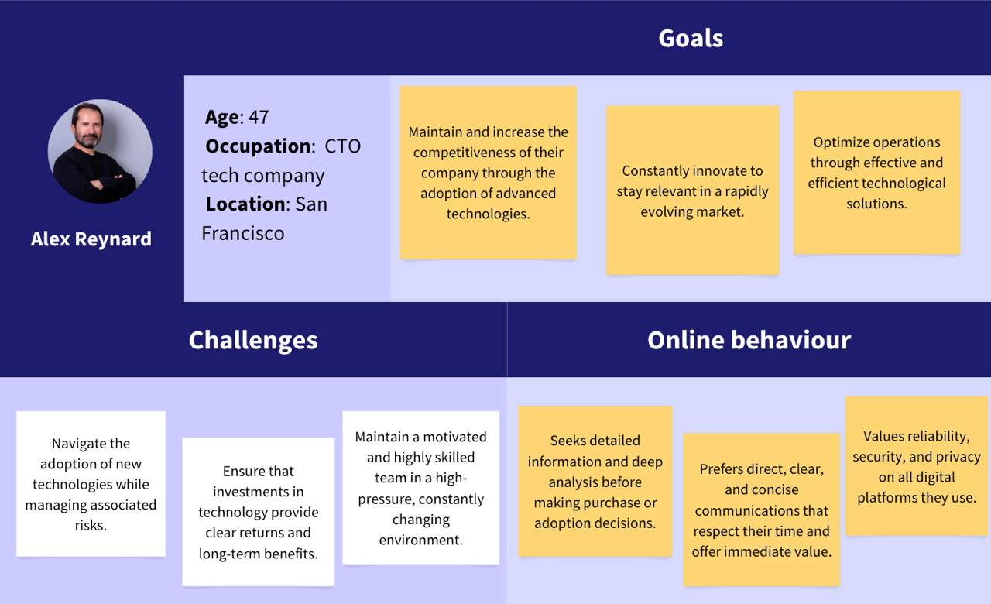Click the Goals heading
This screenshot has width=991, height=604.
pos(691,39)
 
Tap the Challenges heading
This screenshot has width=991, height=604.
pos(253,340)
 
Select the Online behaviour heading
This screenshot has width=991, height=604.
pos(749,340)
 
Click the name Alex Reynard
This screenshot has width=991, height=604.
pos(91,239)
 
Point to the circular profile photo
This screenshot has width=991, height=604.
pos(100,151)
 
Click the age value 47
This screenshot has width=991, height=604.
pos(259,117)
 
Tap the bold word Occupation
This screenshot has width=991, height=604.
pos(259,146)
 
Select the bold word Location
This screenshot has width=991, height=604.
pos(245,204)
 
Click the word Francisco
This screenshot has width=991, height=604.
pos(243,233)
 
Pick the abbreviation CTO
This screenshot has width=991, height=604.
pos(343,146)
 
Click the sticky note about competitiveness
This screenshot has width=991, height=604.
pos(489,173)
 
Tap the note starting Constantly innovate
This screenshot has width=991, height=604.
pos(692,190)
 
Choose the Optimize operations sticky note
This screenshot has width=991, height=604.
pos(877,173)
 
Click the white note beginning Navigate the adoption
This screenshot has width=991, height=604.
pos(91,484)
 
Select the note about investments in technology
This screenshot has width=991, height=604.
pos(259,512)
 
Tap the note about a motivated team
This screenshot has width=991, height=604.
pos(420,488)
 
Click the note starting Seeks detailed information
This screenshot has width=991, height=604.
pos(595,482)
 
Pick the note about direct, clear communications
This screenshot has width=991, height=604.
pos(761,510)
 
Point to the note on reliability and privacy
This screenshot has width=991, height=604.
pos(917,466)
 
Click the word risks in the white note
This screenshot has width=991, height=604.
pos(91,525)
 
